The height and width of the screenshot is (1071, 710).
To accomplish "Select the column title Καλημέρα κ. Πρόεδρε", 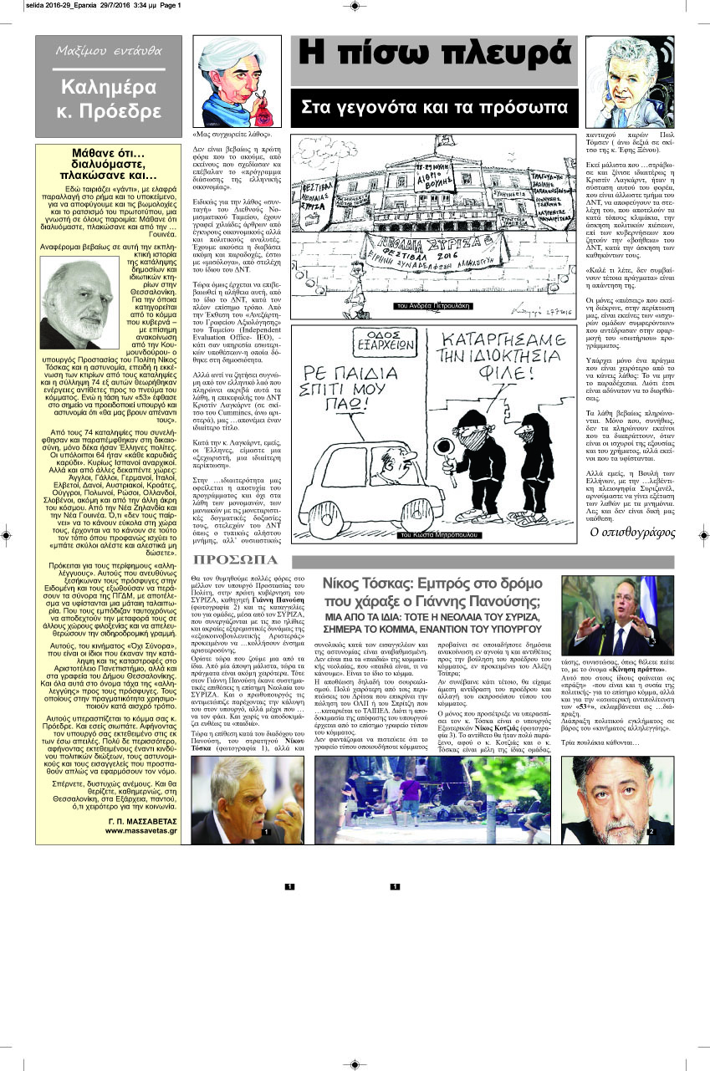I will coord(100,99).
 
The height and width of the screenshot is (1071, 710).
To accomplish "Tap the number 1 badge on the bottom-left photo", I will coord(266,833).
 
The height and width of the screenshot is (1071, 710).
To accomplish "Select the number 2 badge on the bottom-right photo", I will coord(650,833).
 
